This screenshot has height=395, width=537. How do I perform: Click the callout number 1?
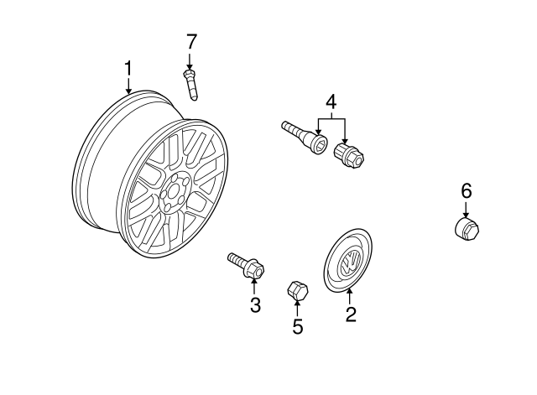coord(128,66)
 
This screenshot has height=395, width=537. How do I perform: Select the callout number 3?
coord(255,305)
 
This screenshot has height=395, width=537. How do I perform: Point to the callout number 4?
coord(331,102)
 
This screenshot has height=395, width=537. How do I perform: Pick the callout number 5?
coord(297,325)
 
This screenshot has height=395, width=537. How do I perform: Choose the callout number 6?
coord(467,190)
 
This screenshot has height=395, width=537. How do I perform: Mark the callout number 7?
coord(190,40)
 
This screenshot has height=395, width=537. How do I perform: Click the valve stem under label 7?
coord(190,85)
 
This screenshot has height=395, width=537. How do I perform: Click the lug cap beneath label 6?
coord(466,228)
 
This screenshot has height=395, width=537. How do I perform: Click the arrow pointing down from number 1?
coord(128,85)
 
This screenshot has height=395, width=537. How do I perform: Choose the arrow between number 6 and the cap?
coord(467,209)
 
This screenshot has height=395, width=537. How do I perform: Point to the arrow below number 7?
coord(190,60)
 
